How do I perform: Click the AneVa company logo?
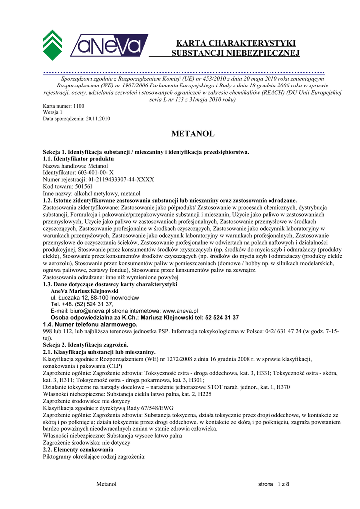[x=109, y=45]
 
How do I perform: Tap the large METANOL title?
[x=192, y=134]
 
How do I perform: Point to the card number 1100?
[x=79, y=106]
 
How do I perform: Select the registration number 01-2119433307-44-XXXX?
[x=121, y=179]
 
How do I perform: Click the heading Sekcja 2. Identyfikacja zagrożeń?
[x=86, y=345]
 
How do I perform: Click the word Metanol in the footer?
[x=106, y=484]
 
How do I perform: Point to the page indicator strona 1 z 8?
[x=273, y=484]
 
